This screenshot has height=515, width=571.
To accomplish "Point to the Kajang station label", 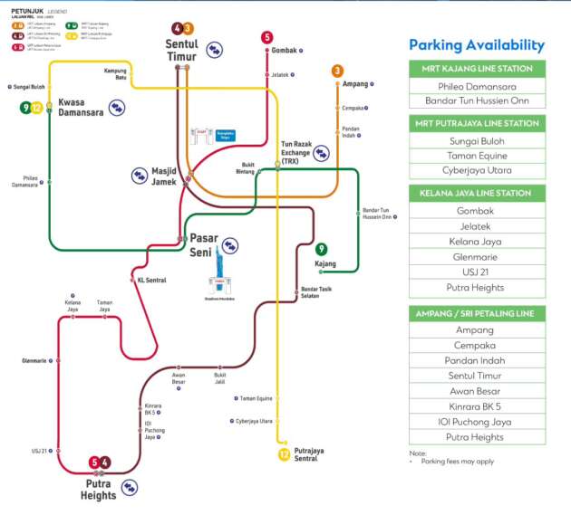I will coord(324,264).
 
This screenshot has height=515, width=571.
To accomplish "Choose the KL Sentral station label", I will coord(151,281).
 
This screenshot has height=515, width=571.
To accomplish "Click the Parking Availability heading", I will coord(477,45).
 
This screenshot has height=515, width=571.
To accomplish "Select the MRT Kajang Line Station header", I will coord(477,69).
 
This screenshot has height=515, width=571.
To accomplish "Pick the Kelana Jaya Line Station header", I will coord(477,193).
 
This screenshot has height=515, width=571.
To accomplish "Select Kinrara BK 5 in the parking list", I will coord(477,405).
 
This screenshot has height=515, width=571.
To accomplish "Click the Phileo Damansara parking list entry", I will coord(477,85).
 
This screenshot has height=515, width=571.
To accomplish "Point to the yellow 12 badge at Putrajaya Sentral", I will coord(285,454).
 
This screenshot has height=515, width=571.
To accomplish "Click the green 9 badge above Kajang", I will coord(321,249).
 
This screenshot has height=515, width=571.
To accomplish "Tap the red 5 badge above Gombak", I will coord(266,37).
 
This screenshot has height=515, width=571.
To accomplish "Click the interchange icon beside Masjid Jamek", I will coord(140,175).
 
